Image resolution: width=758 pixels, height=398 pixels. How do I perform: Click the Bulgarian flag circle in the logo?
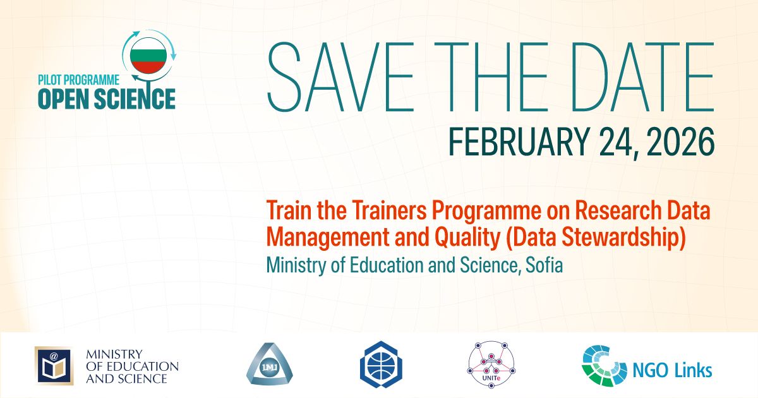click(x=148, y=56)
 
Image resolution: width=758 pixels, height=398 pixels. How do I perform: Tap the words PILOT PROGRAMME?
click(x=78, y=80)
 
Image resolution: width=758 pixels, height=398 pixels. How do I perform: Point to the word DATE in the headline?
click(x=642, y=77)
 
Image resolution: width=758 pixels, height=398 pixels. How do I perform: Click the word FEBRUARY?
click(x=518, y=142)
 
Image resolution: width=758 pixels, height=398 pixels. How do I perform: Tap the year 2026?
click(x=680, y=142)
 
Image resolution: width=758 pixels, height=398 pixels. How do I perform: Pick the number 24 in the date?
click(x=617, y=142)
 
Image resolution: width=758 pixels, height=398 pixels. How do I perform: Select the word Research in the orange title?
click(x=618, y=210)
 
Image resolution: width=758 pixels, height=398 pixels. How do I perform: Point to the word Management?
click(x=328, y=238)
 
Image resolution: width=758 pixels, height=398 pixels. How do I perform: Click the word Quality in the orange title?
click(x=467, y=238)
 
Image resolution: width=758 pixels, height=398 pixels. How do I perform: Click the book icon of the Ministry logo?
click(x=54, y=366)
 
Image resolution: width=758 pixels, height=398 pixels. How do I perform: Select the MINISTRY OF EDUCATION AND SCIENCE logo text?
click(x=132, y=366)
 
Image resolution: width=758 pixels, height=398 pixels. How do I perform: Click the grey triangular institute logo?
click(x=270, y=365)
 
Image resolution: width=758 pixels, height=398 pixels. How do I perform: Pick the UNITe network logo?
click(x=491, y=365)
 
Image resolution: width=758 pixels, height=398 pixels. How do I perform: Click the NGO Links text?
click(x=672, y=370)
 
